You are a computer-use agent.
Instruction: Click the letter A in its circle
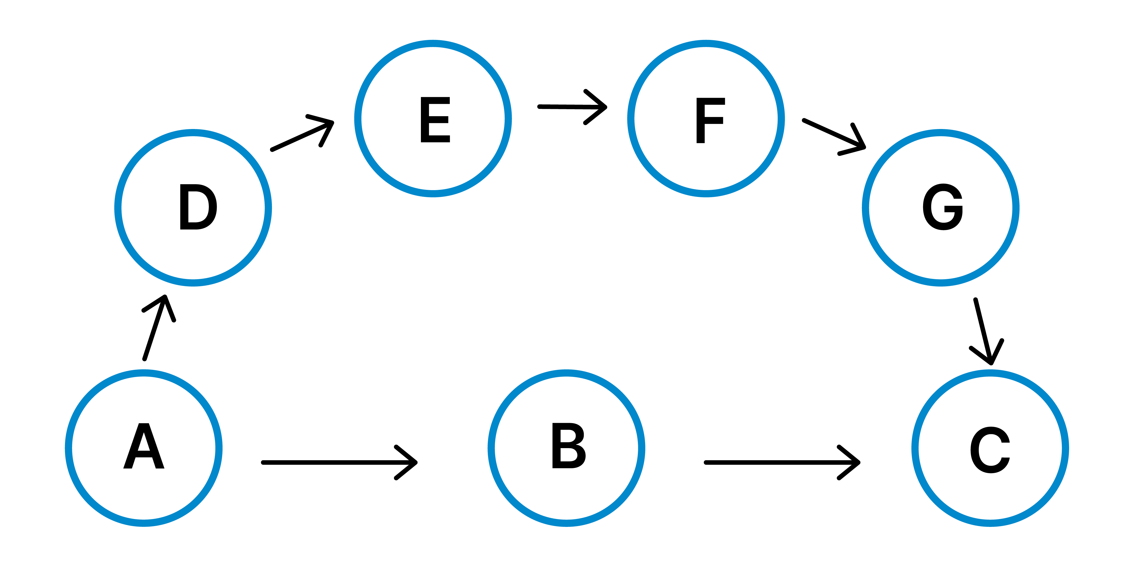click(x=144, y=446)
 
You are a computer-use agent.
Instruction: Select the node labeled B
click(x=567, y=446)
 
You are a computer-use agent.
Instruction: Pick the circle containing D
click(x=193, y=207)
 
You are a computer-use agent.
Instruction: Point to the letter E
click(x=435, y=120)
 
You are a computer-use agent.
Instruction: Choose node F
click(x=709, y=120)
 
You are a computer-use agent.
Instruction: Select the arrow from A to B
click(x=339, y=462)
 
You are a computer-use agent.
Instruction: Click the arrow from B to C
click(x=782, y=462)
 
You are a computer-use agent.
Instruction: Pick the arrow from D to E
click(x=302, y=136)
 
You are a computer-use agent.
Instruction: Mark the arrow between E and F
click(x=572, y=107)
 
